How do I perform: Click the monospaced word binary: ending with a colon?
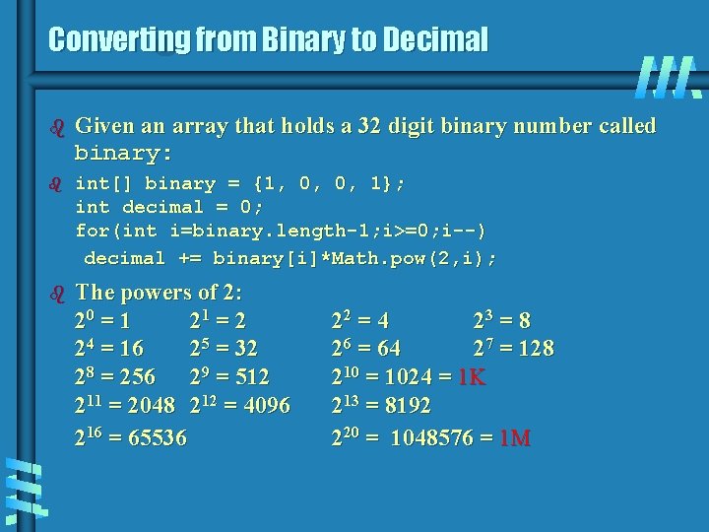click(124, 154)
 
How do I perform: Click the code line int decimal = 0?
click(169, 207)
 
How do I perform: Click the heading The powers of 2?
click(159, 293)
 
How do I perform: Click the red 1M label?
click(515, 437)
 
